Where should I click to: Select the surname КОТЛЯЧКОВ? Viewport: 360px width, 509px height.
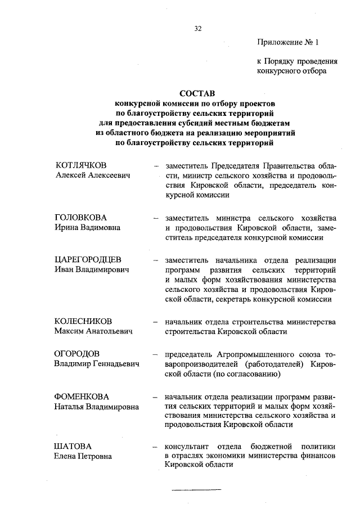pyautogui.click(x=82, y=165)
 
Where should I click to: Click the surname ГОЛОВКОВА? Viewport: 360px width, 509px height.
pyautogui.click(x=80, y=217)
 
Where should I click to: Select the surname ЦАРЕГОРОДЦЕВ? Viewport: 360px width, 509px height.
pyautogui.click(x=88, y=259)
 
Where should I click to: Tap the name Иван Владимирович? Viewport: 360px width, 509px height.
pyautogui.click(x=92, y=270)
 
